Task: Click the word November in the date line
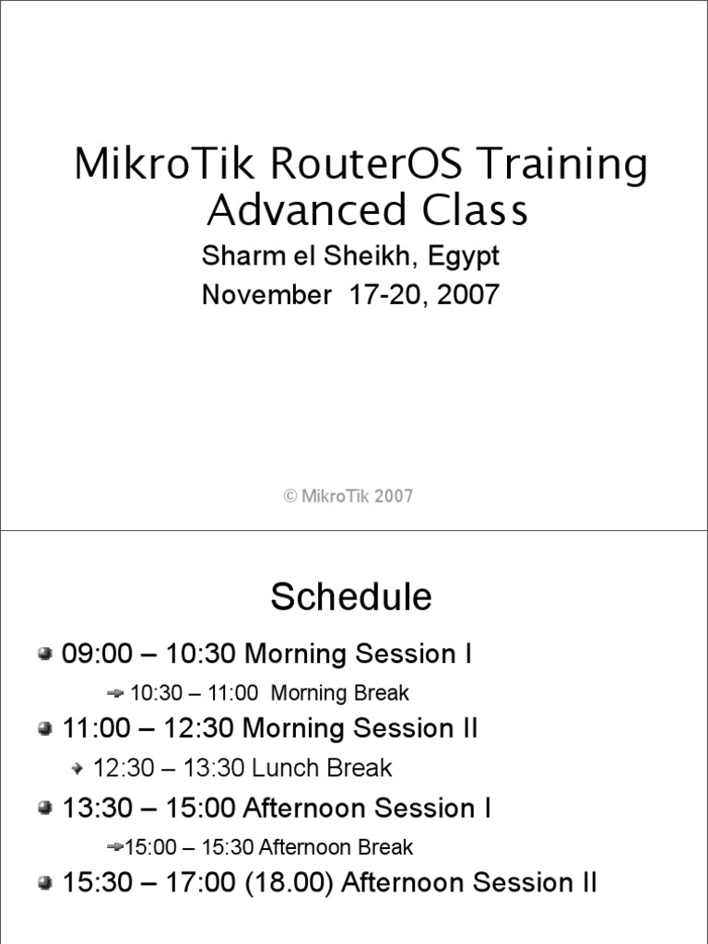click(x=260, y=295)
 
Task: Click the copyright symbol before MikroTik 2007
click(x=289, y=496)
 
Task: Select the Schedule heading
click(x=351, y=597)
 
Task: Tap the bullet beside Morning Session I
click(x=45, y=655)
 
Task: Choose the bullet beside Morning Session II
click(x=45, y=729)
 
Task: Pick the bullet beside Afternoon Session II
click(x=45, y=884)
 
